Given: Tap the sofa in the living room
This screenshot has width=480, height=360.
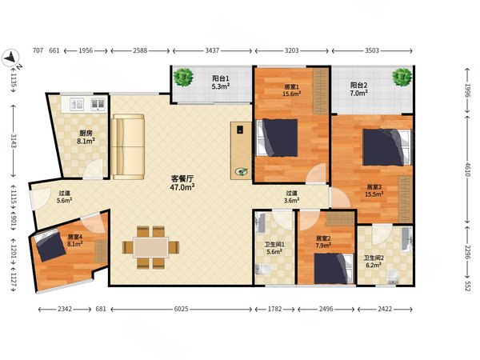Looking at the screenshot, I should click(x=128, y=146).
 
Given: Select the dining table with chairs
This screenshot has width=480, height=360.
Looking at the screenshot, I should click(x=148, y=247).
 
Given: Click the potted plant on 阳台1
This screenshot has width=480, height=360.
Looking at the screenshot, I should click(x=185, y=78).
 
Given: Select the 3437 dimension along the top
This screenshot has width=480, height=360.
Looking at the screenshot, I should click(x=212, y=51).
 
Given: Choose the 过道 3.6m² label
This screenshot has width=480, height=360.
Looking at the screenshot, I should click(x=292, y=198).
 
